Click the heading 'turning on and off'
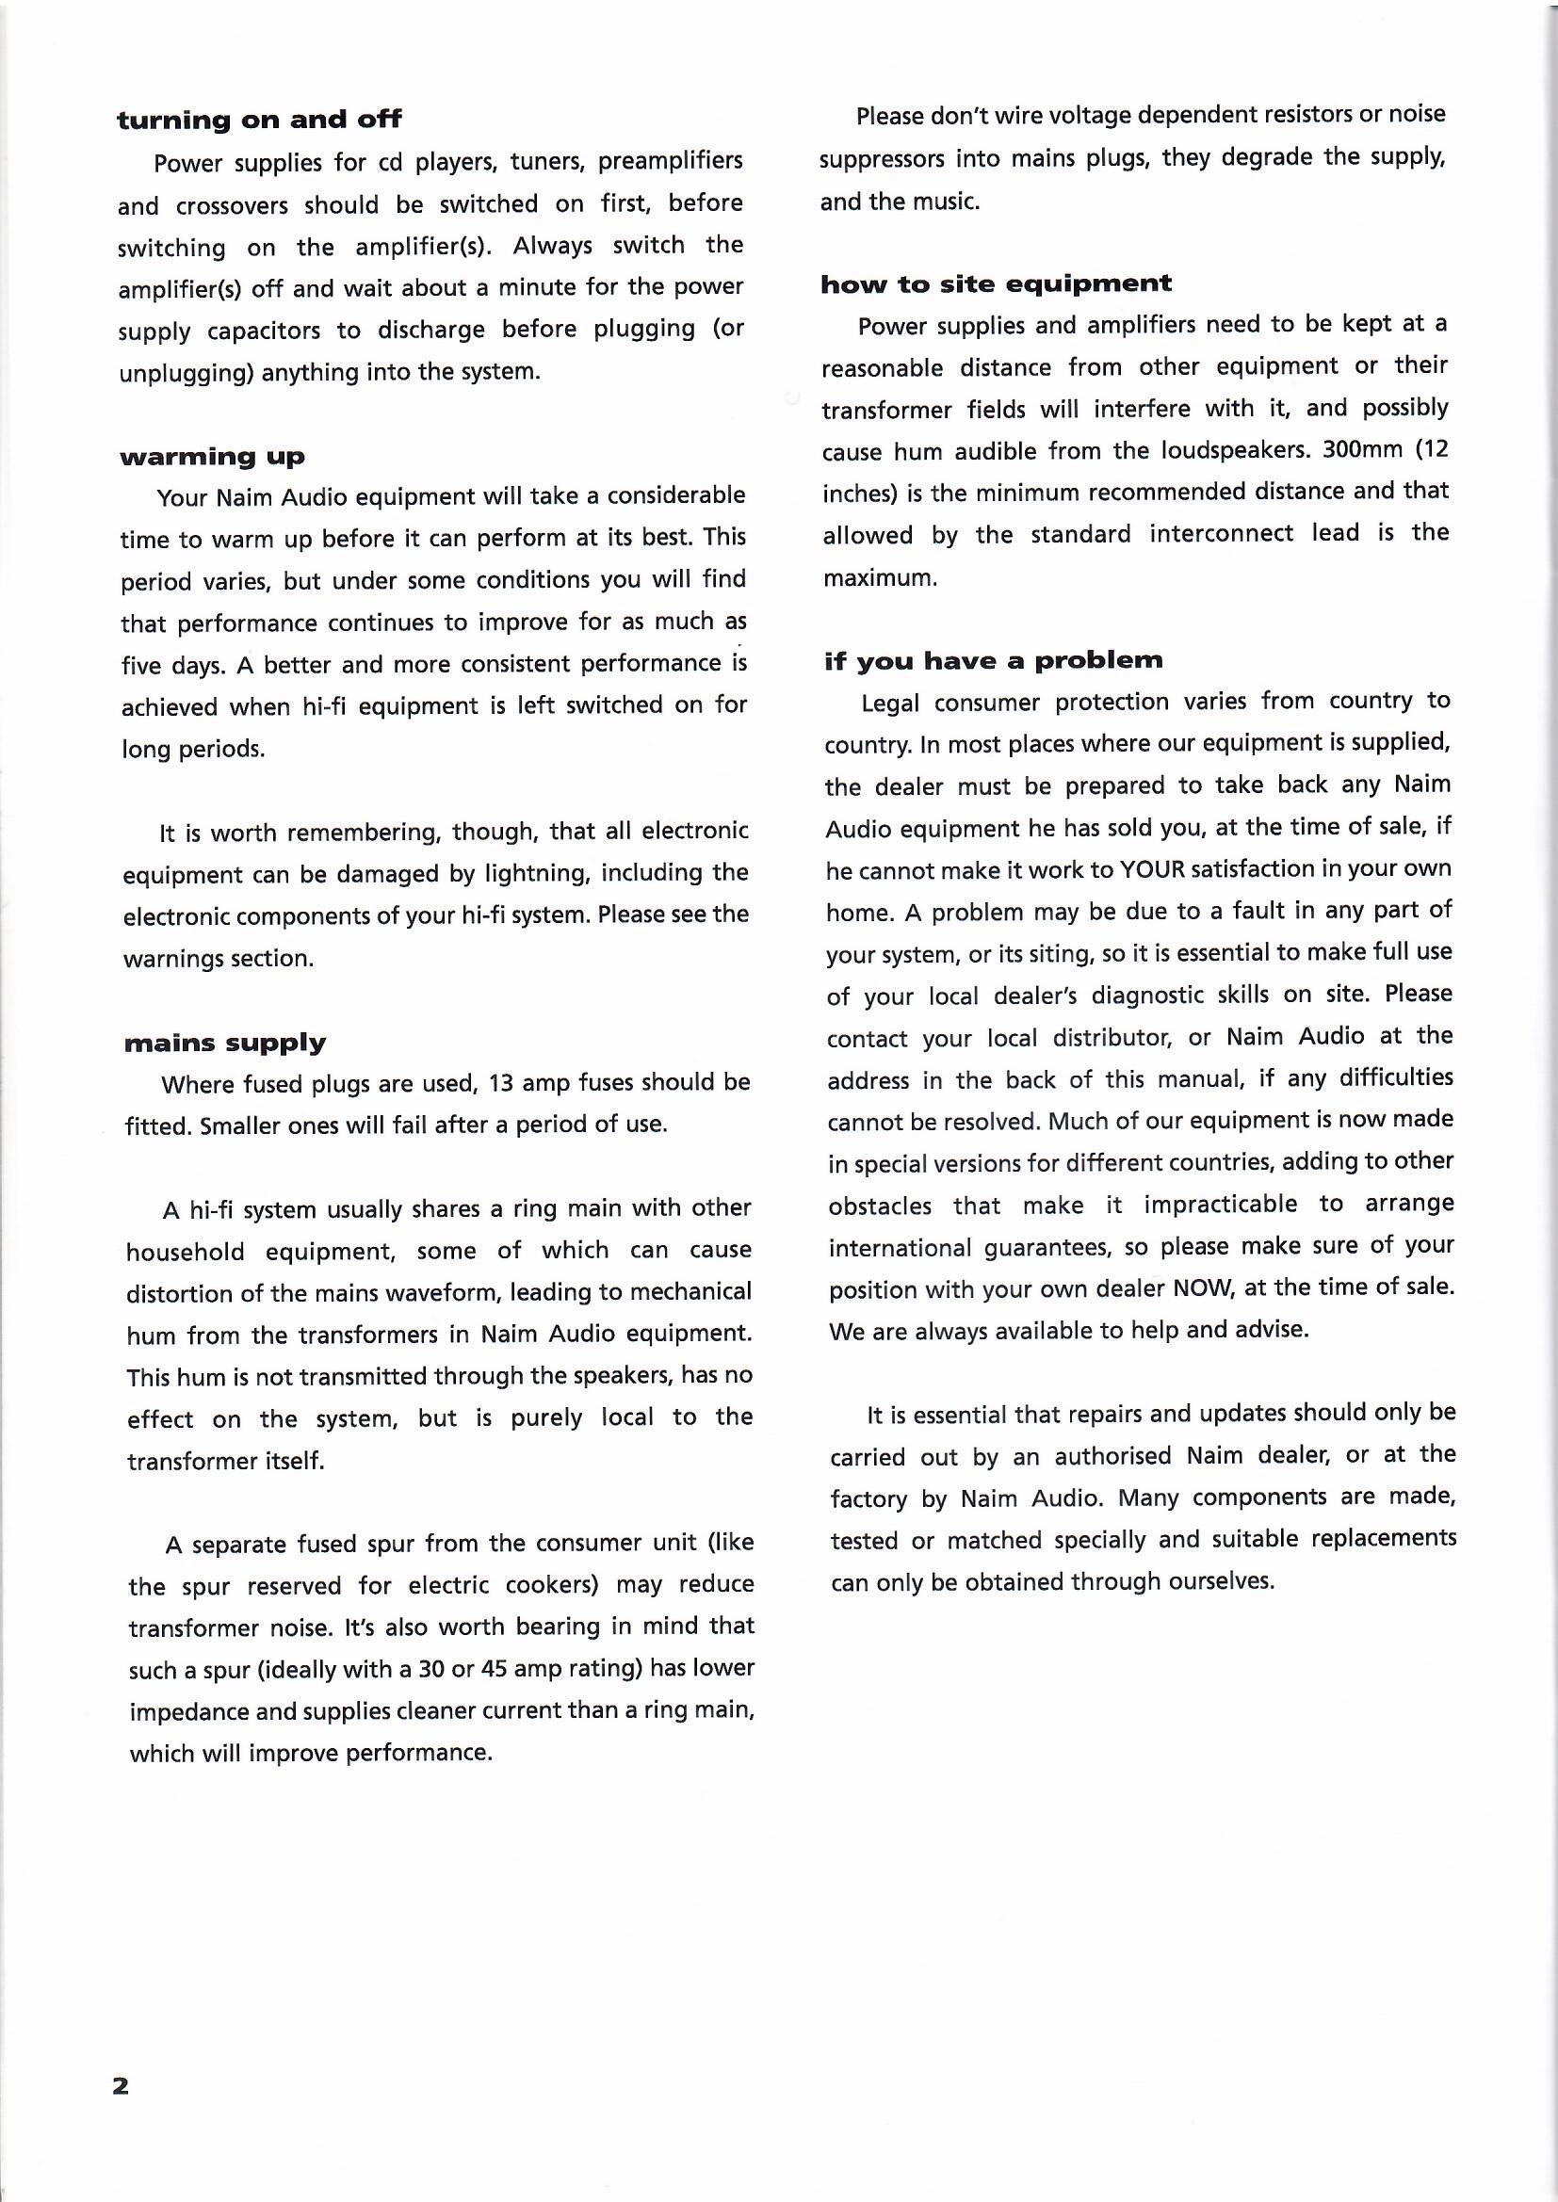point(259,120)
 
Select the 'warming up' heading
point(212,457)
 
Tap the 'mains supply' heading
point(224,1043)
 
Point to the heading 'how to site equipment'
point(996,283)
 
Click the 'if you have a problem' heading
point(993,661)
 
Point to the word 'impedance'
point(187,1712)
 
